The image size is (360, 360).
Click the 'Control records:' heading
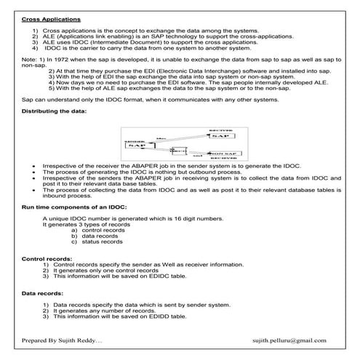(x=47, y=258)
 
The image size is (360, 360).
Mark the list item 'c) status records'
(x=97, y=243)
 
